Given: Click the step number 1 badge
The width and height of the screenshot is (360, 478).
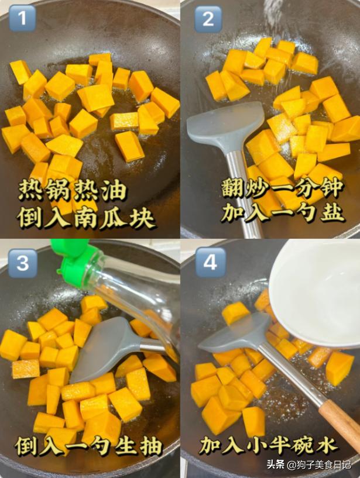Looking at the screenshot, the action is tap(22, 18).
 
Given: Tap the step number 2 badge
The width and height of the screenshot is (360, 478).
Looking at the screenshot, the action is tap(208, 19).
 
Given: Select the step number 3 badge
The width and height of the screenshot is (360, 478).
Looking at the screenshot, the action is tap(23, 263).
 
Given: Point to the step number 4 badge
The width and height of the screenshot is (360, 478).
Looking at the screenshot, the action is tap(210, 263).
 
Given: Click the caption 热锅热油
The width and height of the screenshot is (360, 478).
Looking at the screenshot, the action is tap(73, 190).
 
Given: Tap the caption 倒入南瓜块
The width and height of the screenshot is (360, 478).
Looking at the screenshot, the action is tap(86, 218).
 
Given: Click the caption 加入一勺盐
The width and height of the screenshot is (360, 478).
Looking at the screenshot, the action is tap(282, 212).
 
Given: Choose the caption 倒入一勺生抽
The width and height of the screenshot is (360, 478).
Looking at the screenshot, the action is tap(89, 446).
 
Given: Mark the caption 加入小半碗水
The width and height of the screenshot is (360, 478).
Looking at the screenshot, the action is tap(269, 445).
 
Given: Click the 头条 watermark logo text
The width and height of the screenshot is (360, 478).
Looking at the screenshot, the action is tap(276, 465).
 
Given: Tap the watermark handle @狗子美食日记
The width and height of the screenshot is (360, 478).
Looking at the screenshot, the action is tap(319, 465).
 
